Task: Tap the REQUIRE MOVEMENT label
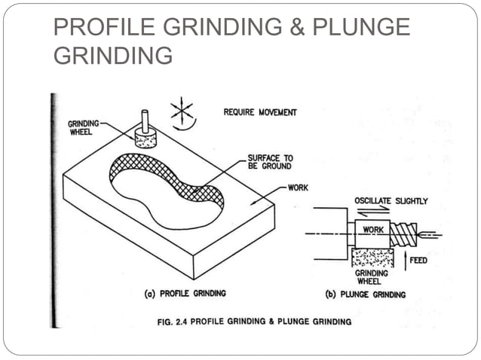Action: pyautogui.click(x=260, y=112)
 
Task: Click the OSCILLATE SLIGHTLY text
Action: pyautogui.click(x=391, y=201)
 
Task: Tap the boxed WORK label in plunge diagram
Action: pyautogui.click(x=373, y=228)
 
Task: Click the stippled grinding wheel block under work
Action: pyautogui.click(x=374, y=255)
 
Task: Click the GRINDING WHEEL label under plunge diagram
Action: pyautogui.click(x=372, y=277)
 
